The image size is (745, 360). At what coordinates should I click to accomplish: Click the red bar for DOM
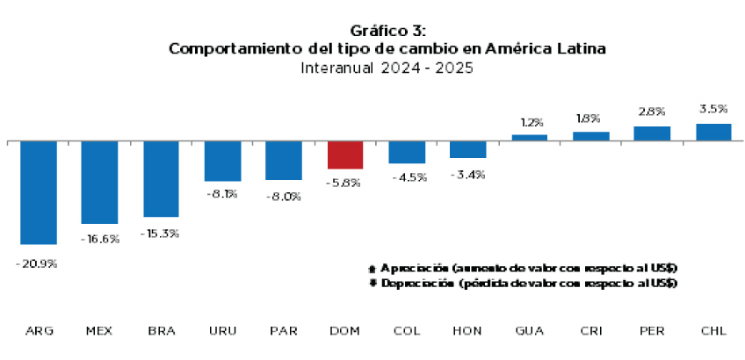(x=345, y=155)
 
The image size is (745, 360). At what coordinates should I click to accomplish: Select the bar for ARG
(x=39, y=192)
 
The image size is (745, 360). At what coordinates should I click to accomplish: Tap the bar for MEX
(x=99, y=182)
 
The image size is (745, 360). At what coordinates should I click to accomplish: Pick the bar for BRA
(x=161, y=178)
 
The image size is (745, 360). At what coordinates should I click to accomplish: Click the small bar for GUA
(x=529, y=137)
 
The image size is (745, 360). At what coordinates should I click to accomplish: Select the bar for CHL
(x=713, y=132)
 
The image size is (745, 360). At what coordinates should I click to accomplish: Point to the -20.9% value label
(x=36, y=263)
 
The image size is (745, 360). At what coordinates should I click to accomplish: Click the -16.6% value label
(x=99, y=239)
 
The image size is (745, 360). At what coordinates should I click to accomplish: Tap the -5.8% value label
(x=345, y=183)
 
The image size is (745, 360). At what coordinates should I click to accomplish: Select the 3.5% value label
(x=712, y=109)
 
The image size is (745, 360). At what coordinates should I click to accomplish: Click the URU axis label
(x=221, y=331)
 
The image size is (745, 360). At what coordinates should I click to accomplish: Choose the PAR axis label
(x=283, y=331)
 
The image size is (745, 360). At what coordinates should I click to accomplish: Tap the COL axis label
(x=406, y=331)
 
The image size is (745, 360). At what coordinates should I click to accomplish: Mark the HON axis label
(x=467, y=331)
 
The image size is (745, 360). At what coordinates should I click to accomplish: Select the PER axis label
(x=651, y=331)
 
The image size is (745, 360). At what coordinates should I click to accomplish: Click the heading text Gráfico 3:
(x=386, y=32)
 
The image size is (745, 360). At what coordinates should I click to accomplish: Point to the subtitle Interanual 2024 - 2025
(x=386, y=68)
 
